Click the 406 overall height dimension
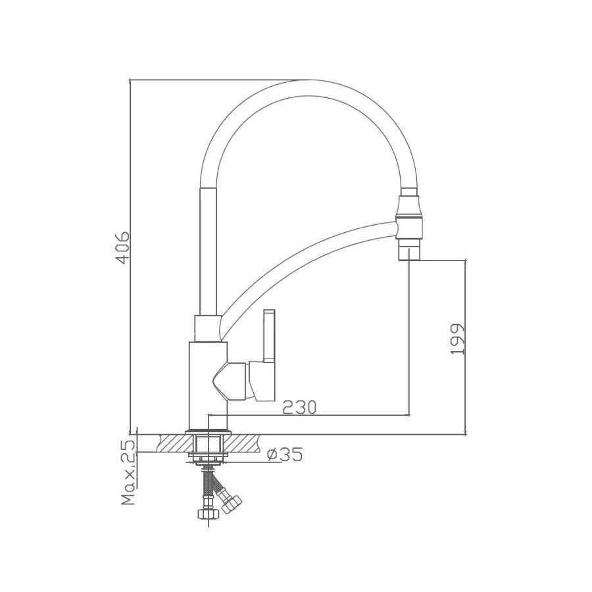122,247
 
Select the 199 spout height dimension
458,339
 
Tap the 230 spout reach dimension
299,407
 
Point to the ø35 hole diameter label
285,455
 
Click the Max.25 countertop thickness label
129,472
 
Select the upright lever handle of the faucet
270,335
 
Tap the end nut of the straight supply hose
206,512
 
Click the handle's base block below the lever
262,381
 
